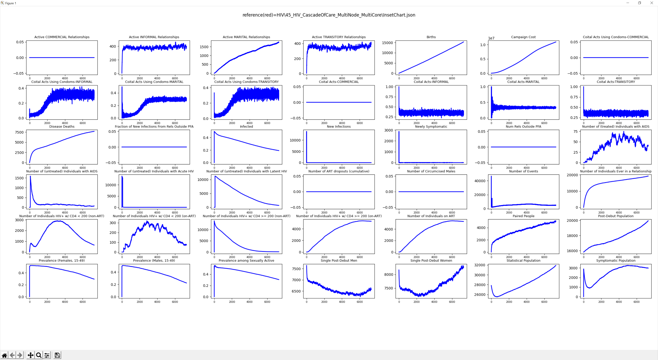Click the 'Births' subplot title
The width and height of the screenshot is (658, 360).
431,37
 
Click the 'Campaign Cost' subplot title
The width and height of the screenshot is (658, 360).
523,37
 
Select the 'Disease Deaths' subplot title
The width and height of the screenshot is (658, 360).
62,127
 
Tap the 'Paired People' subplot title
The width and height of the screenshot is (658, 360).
523,216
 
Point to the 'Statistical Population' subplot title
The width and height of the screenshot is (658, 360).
523,261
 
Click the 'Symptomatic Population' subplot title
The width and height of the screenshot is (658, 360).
616,261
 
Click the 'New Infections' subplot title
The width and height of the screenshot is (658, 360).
339,127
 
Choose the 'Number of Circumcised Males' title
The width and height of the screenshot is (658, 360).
431,171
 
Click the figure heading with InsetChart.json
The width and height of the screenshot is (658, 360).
329,15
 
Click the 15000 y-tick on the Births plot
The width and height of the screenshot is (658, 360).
387,43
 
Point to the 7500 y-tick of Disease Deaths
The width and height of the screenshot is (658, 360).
19,132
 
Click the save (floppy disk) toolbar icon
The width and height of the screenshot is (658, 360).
57,355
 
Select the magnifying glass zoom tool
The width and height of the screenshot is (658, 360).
39,355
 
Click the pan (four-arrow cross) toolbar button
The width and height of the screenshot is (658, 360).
30,355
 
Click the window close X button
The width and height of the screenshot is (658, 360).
651,3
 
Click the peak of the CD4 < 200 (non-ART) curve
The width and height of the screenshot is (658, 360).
58,221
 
